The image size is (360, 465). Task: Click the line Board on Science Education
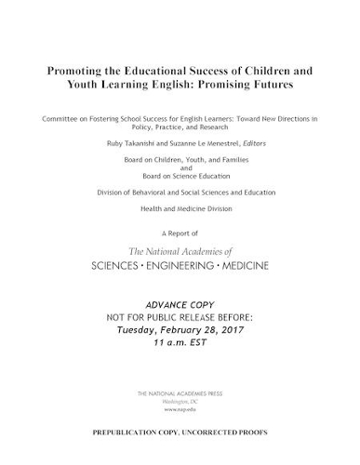(x=180, y=176)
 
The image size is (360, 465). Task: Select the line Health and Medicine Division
(x=180, y=208)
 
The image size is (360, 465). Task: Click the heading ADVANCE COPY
(x=180, y=305)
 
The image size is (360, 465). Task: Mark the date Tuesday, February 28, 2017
(x=180, y=329)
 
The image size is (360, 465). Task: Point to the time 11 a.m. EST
(x=180, y=342)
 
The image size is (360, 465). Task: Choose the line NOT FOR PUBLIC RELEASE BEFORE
(x=180, y=317)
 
